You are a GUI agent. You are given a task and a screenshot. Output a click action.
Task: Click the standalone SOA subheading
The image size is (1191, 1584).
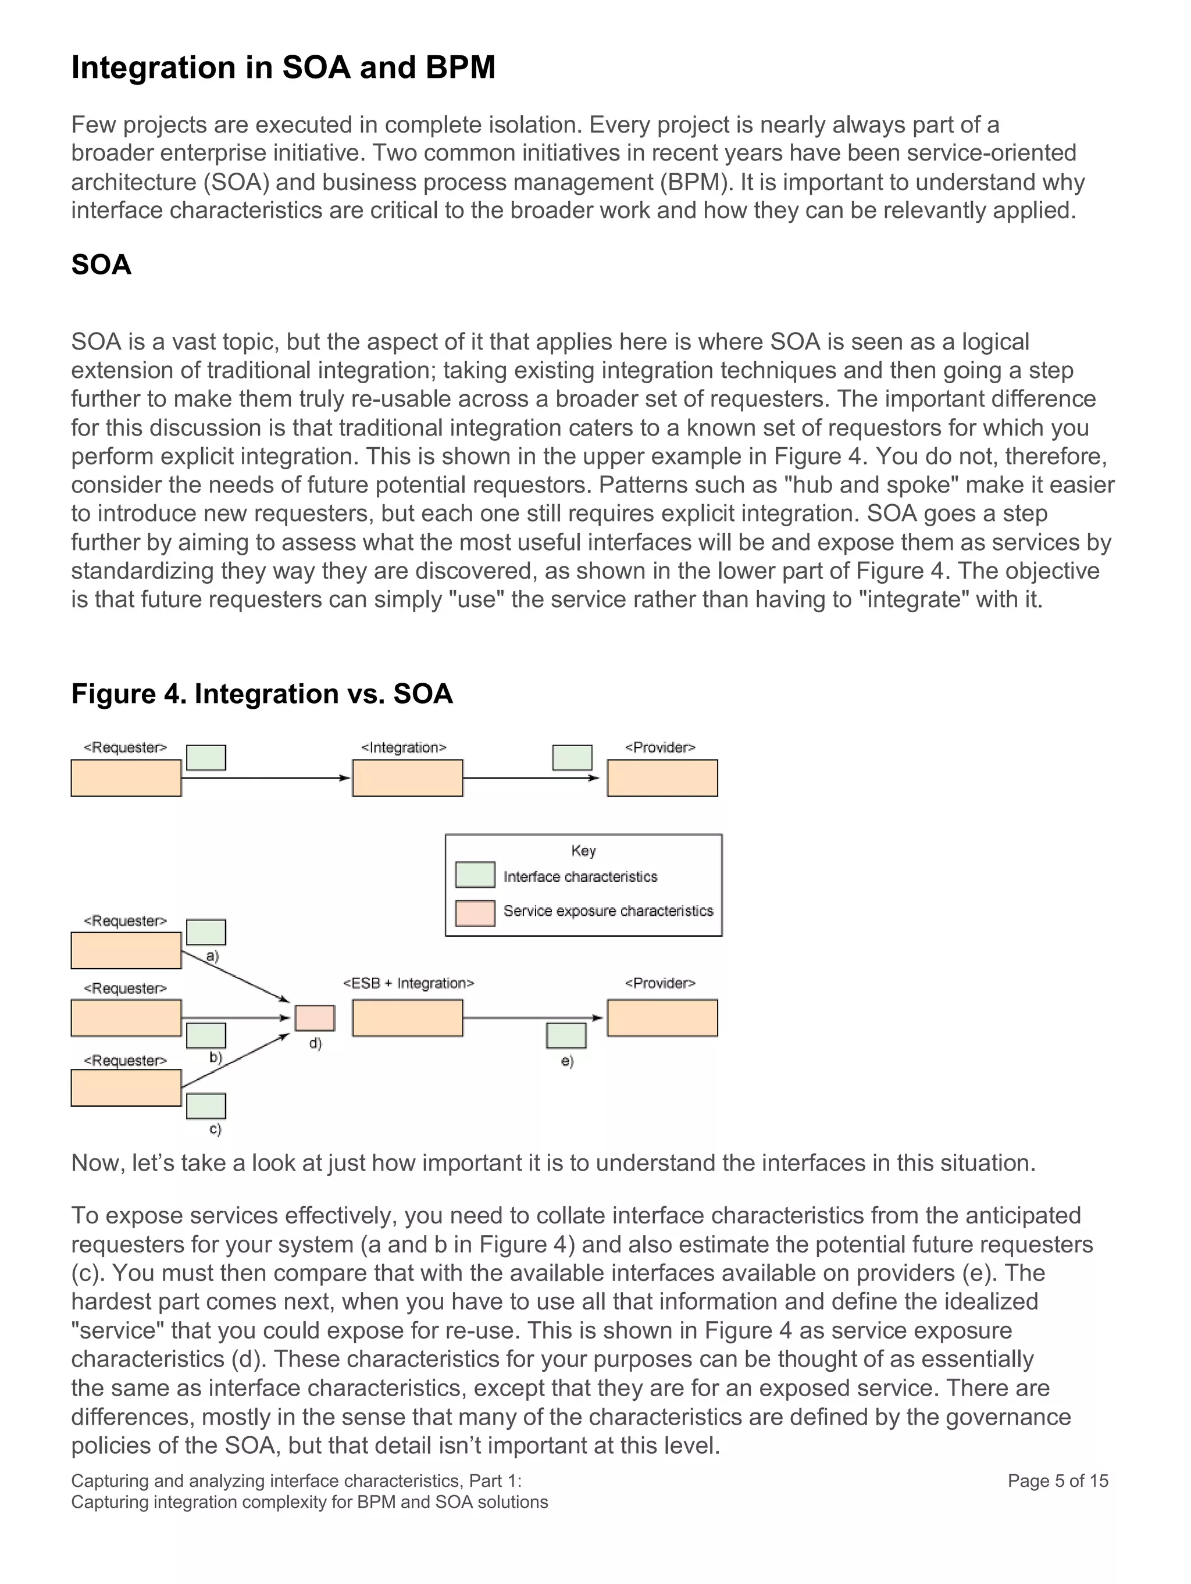pos(101,265)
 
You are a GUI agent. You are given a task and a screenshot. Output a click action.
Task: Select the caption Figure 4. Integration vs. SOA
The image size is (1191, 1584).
pos(262,694)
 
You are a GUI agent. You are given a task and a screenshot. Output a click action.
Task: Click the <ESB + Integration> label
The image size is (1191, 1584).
pos(408,983)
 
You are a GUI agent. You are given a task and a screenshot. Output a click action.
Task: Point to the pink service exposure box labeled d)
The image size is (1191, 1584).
pos(315,1018)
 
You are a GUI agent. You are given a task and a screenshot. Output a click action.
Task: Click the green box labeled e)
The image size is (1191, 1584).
pos(566,1036)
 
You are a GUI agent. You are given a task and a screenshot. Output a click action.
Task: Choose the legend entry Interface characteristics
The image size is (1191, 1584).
pos(580,876)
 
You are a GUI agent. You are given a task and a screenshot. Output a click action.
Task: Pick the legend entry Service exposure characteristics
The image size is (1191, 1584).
pos(608,911)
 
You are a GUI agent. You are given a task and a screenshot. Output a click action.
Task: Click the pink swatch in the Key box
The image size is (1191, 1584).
pos(475,913)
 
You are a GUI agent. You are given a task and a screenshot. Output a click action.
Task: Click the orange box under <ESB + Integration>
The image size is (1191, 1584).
pos(408,1018)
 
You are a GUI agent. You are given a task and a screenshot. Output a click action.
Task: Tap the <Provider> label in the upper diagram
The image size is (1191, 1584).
pos(659,748)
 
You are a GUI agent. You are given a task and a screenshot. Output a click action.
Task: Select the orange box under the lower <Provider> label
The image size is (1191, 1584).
pos(662,1018)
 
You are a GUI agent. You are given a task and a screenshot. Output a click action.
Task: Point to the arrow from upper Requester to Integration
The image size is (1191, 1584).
pos(265,777)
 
